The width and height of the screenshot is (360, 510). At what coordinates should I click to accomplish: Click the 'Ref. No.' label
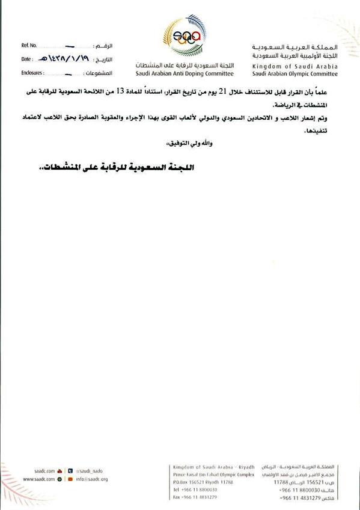pos(29,46)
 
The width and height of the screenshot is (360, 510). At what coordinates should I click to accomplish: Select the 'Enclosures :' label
pos(34,74)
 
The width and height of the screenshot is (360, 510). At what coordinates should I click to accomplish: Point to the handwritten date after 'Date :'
pos(66,59)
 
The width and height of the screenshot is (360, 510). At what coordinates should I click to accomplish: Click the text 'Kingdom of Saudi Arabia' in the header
pos(294,66)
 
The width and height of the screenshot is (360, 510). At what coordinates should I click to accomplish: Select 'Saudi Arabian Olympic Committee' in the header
pos(294,74)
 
